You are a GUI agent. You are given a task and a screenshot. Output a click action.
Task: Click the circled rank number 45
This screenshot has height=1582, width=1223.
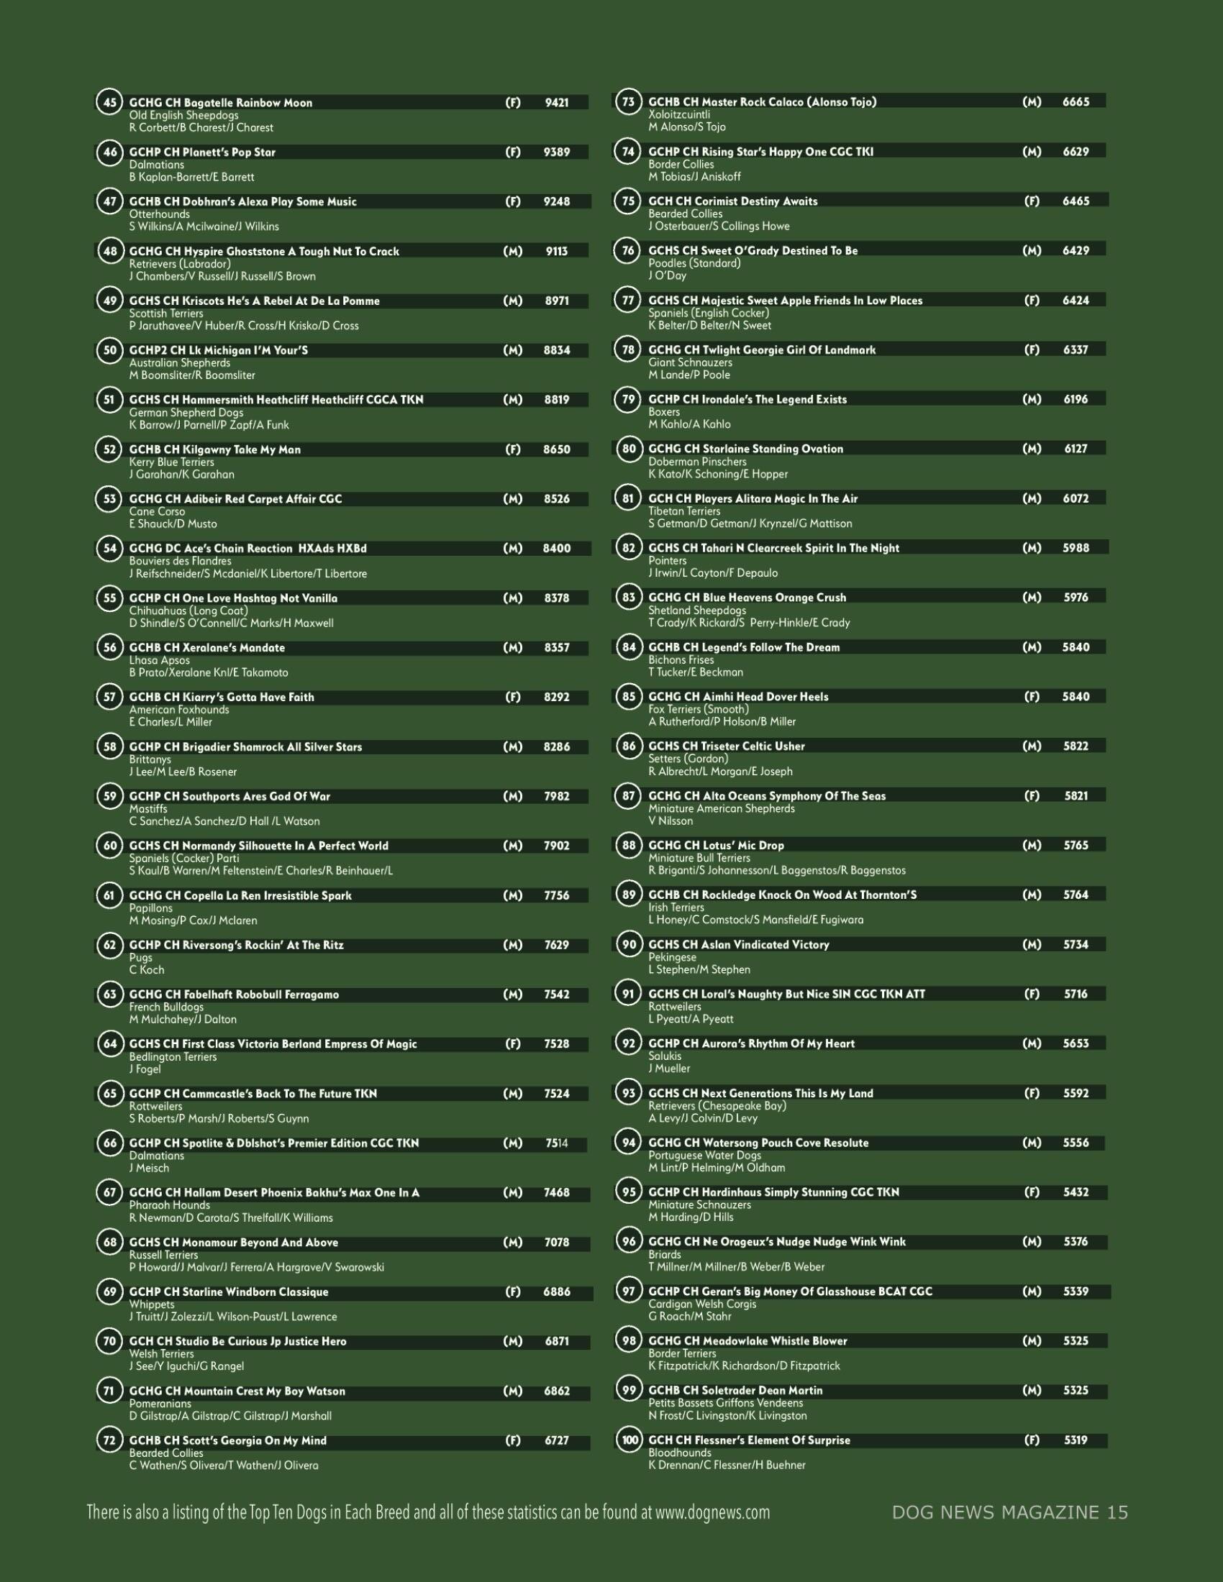tap(109, 102)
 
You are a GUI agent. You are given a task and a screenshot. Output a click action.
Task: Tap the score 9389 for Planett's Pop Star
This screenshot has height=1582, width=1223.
tap(556, 152)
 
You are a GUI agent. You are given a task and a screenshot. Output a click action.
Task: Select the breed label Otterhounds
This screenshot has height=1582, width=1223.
tap(160, 214)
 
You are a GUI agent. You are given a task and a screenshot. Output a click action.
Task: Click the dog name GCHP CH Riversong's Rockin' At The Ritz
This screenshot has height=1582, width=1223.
tap(236, 946)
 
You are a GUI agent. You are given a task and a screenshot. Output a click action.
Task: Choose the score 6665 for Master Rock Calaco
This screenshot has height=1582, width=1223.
tap(1076, 102)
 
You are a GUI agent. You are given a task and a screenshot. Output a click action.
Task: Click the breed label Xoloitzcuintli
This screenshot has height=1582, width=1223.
tap(679, 114)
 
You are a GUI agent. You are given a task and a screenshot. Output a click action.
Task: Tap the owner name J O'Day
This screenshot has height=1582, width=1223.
tap(668, 275)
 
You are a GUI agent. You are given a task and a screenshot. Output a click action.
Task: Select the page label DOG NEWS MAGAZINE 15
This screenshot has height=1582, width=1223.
tap(1010, 1512)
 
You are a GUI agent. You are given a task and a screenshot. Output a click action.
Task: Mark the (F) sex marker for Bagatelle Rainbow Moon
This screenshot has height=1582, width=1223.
tap(512, 103)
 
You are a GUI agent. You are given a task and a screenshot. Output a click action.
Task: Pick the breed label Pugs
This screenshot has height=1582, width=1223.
tap(140, 958)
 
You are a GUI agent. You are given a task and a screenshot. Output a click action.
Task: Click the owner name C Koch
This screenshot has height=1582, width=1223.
tap(146, 970)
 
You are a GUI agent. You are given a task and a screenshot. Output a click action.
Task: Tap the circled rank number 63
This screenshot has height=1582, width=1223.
tap(109, 994)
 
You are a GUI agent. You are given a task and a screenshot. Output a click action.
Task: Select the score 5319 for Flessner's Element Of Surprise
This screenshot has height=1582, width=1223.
tap(1076, 1440)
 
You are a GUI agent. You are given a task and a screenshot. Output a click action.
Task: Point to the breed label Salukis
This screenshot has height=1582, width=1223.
tap(665, 1056)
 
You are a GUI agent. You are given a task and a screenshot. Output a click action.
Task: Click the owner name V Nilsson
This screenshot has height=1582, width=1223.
tap(670, 820)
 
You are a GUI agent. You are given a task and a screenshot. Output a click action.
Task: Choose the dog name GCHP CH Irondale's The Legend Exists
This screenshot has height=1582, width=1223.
tap(747, 399)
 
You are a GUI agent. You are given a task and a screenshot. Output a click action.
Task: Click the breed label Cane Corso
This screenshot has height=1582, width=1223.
tap(157, 511)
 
